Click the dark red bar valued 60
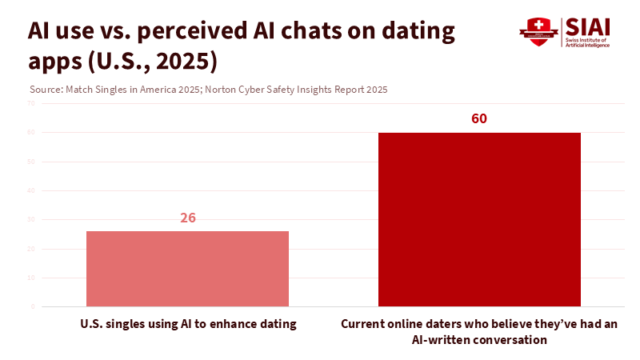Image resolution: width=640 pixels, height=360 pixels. click(x=479, y=219)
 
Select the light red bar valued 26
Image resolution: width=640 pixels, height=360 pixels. click(x=187, y=269)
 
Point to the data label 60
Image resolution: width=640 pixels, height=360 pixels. click(x=479, y=118)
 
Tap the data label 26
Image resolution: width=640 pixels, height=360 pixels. click(x=188, y=217)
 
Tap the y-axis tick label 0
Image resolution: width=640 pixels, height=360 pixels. click(x=33, y=306)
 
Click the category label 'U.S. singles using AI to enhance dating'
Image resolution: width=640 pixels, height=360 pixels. click(x=188, y=324)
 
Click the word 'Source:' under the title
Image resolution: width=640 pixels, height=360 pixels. click(x=44, y=90)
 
